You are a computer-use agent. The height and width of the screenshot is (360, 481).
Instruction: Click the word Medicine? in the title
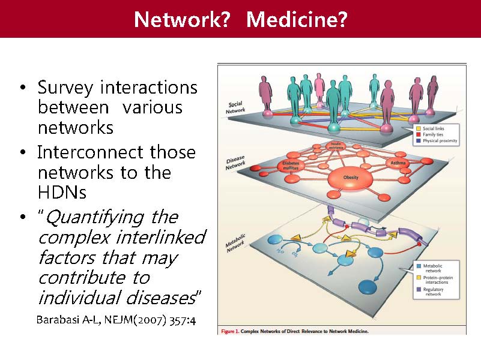point(297,20)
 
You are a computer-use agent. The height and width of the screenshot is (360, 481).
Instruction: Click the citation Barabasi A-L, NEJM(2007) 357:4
point(116,319)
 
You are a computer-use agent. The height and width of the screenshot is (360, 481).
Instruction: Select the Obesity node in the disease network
point(351,177)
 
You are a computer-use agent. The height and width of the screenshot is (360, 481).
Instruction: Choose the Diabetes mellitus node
point(291,166)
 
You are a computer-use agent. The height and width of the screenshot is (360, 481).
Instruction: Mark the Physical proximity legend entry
point(440,142)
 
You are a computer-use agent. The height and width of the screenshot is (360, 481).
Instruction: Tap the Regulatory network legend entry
point(434,292)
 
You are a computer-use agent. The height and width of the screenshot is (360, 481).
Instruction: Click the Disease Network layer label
point(235,163)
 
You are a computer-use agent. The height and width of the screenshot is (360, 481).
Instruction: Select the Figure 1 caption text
point(294,331)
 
